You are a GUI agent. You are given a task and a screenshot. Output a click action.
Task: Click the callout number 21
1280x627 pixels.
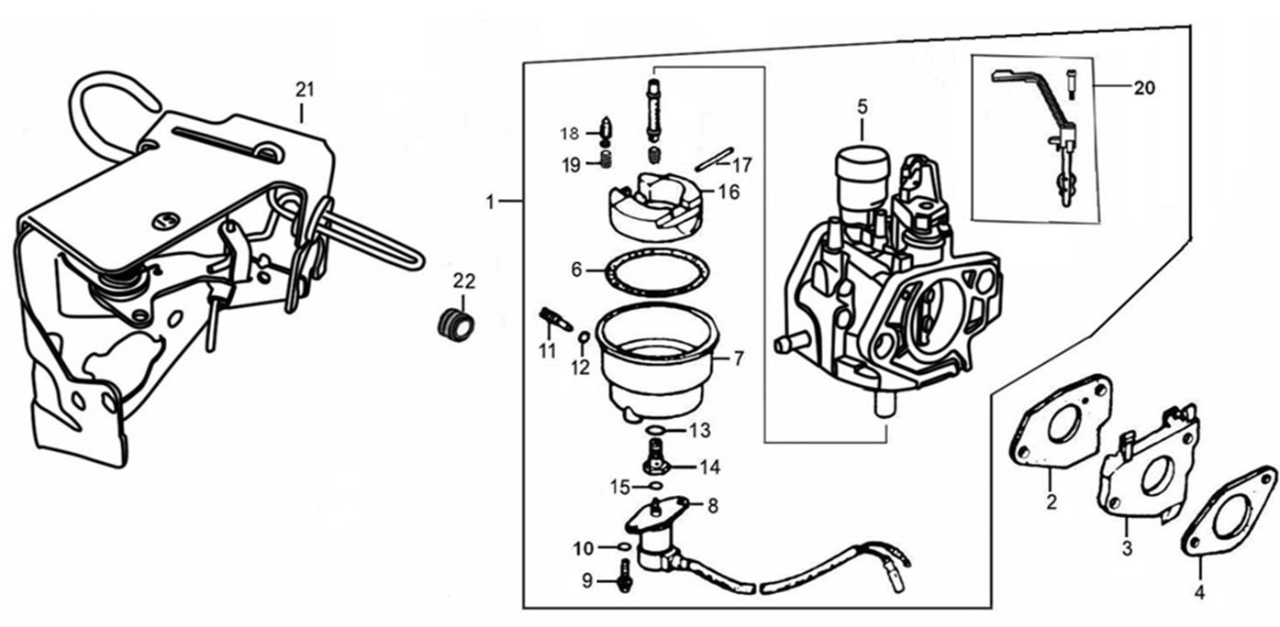(305, 89)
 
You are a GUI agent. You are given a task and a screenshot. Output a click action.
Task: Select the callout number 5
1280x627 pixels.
(862, 106)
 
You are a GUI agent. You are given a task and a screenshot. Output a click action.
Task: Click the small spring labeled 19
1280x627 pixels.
(605, 162)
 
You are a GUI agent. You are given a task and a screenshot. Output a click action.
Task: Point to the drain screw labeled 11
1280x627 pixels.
(553, 320)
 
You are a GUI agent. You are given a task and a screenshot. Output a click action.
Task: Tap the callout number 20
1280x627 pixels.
(1143, 89)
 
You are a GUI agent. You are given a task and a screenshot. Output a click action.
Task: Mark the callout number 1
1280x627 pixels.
(491, 201)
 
